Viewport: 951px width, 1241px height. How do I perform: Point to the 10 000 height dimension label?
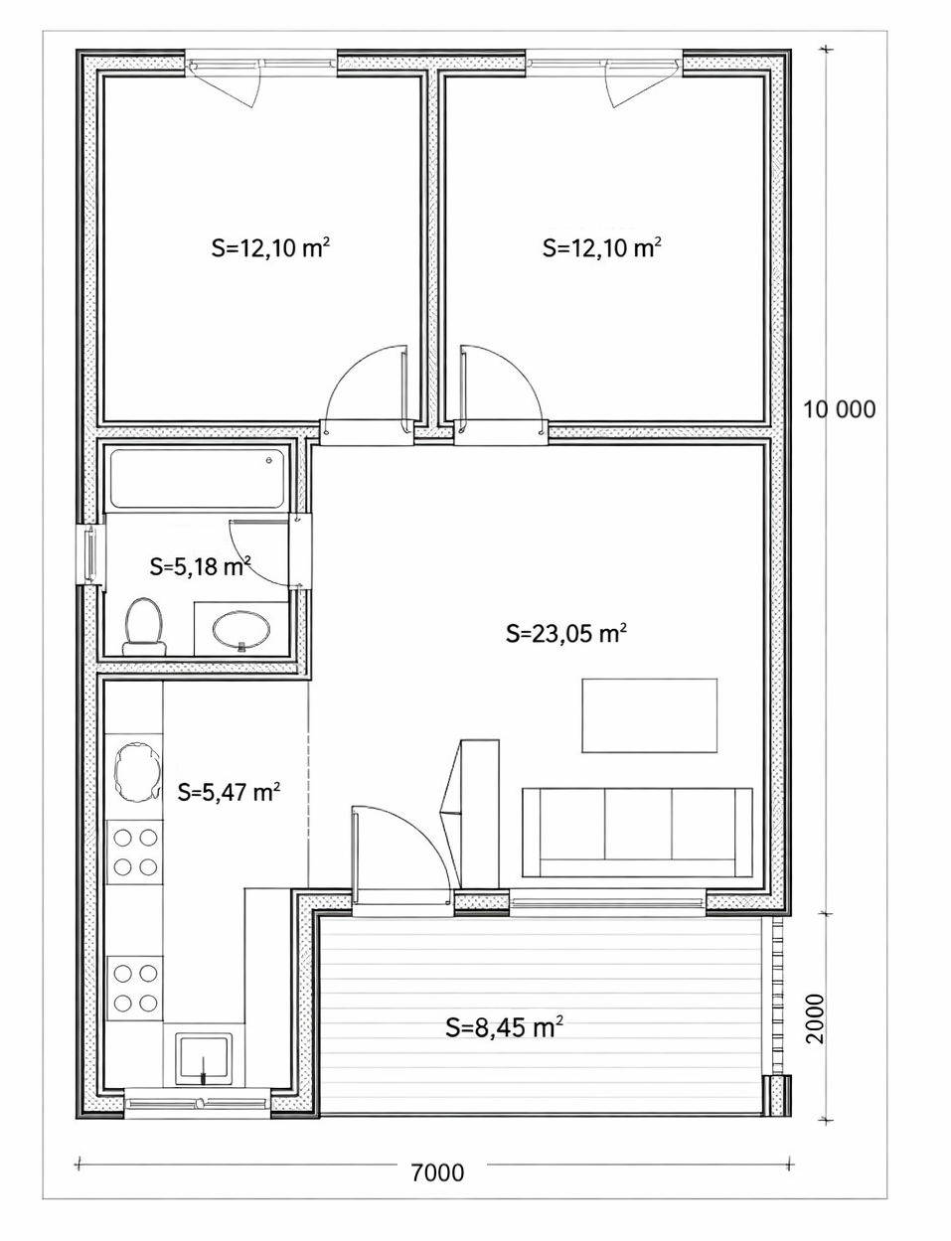click(839, 409)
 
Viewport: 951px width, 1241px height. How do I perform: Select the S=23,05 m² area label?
click(566, 633)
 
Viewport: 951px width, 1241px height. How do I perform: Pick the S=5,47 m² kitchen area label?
click(229, 792)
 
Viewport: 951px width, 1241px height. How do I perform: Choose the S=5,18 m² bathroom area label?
click(201, 566)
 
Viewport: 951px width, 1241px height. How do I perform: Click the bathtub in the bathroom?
click(198, 479)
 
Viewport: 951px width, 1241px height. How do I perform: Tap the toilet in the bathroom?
click(144, 627)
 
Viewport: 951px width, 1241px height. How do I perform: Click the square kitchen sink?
click(204, 1059)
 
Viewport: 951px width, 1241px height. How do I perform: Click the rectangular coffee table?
click(650, 715)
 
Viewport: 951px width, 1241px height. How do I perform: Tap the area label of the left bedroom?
click(270, 248)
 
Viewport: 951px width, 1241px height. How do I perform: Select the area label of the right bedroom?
click(601, 248)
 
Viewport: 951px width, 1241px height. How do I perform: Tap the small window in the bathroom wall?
click(89, 555)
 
